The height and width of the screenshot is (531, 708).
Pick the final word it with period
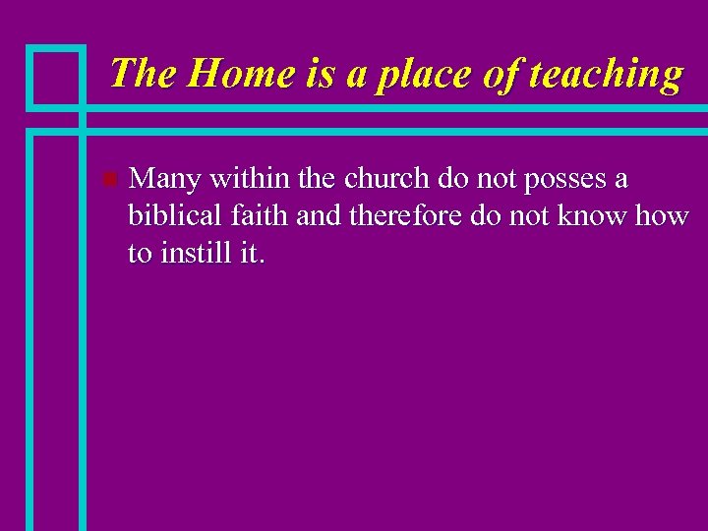pyautogui.click(x=252, y=255)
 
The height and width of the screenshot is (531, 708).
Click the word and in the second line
pyautogui.click(x=317, y=217)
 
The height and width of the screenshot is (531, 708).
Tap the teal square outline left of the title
pyautogui.click(x=56, y=76)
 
